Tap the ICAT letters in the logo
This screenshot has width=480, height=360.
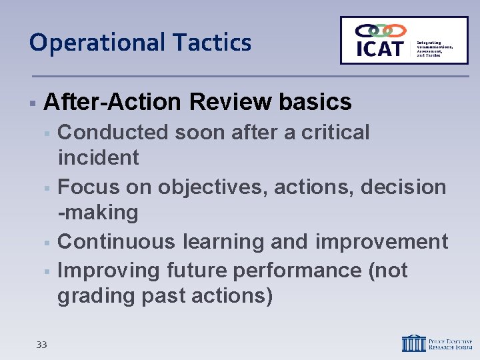tap(380, 48)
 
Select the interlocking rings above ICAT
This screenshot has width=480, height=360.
tap(380, 31)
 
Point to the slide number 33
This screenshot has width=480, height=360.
tap(41, 345)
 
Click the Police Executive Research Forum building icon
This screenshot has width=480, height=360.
tap(413, 343)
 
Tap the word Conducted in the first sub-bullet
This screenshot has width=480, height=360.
tap(113, 133)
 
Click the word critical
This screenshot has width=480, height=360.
tap(335, 133)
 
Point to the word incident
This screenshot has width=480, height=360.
tap(99, 158)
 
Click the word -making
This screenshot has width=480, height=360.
tap(99, 213)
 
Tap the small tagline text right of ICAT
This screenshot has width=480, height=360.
tap(435, 49)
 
